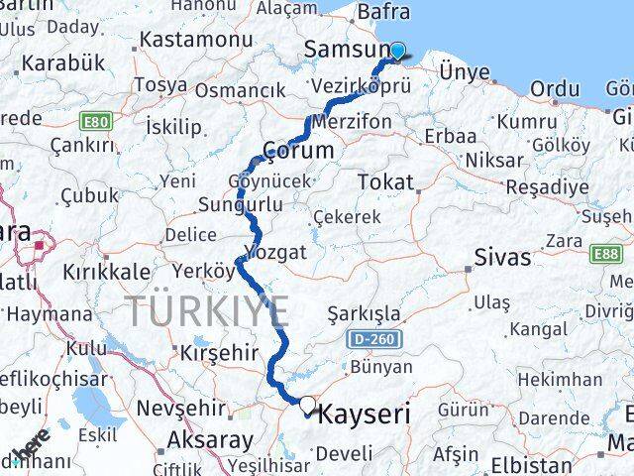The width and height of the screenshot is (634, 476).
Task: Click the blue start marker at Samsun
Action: (x=398, y=52)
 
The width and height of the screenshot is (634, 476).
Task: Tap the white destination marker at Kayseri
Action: (x=308, y=405)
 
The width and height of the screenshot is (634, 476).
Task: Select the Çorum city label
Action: (x=296, y=150)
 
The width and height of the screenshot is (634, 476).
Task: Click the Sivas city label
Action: (x=501, y=258)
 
